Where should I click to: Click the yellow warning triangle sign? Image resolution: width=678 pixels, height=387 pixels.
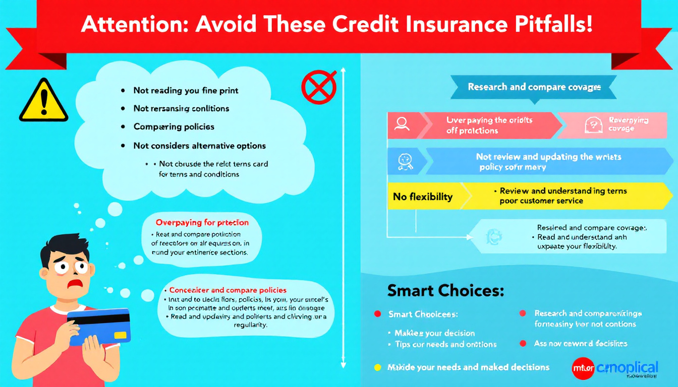pyautogui.click(x=43, y=102)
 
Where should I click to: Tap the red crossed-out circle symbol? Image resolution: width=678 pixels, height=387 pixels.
pyautogui.click(x=319, y=87)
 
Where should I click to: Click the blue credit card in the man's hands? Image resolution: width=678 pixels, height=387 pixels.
pyautogui.click(x=99, y=326)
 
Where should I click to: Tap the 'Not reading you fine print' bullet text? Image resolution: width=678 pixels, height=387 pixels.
pyautogui.click(x=186, y=91)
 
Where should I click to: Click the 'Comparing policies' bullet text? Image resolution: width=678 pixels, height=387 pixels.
pyautogui.click(x=174, y=126)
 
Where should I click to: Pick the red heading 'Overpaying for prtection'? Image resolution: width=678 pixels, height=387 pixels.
pyautogui.click(x=202, y=222)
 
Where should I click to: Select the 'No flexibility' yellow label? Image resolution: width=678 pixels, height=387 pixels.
pyautogui.click(x=423, y=197)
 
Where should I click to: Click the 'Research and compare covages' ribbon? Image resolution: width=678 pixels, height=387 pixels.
pyautogui.click(x=534, y=87)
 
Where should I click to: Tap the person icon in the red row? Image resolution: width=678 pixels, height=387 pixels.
pyautogui.click(x=402, y=124)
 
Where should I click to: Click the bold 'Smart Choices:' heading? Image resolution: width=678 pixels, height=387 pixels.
pyautogui.click(x=445, y=291)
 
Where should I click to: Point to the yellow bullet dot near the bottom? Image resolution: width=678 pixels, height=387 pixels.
pyautogui.click(x=377, y=367)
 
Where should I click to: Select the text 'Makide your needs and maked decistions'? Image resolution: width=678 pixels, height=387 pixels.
pyautogui.click(x=468, y=367)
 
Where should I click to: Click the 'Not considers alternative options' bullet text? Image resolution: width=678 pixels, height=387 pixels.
pyautogui.click(x=199, y=146)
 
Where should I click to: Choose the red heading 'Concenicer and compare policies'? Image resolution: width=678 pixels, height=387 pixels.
pyautogui.click(x=228, y=290)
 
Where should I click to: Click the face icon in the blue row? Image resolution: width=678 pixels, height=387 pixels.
pyautogui.click(x=405, y=160)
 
